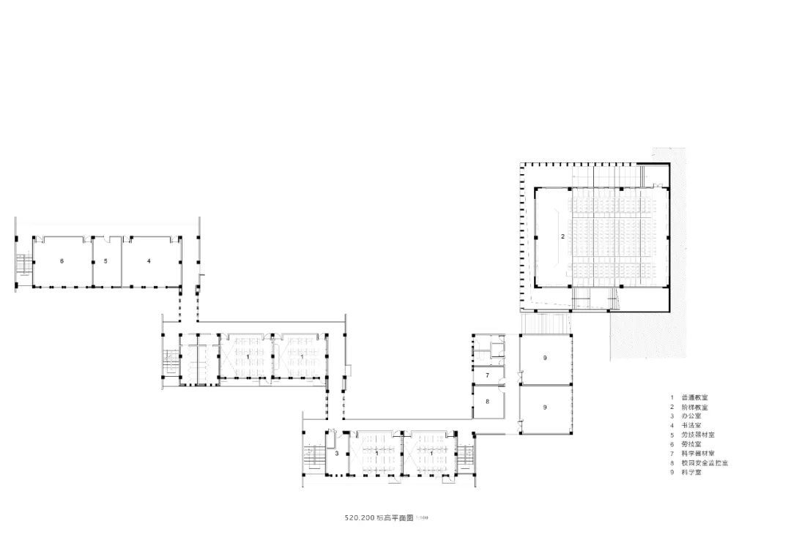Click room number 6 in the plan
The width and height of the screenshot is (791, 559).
pos(62,260)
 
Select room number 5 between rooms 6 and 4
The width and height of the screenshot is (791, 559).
pos(105,260)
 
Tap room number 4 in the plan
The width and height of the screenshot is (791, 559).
pos(149,260)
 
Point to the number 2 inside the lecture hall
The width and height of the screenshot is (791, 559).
pos(562,236)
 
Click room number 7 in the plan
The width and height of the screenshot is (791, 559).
pos(486,375)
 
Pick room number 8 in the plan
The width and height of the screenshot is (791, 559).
pos(486,402)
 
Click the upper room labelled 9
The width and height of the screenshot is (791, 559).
pos(545,358)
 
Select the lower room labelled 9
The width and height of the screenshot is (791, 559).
pos(545,406)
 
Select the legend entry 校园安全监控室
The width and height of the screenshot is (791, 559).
pos(704,463)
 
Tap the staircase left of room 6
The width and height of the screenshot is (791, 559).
pos(23,263)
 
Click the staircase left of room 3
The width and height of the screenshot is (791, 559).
pos(314,457)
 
